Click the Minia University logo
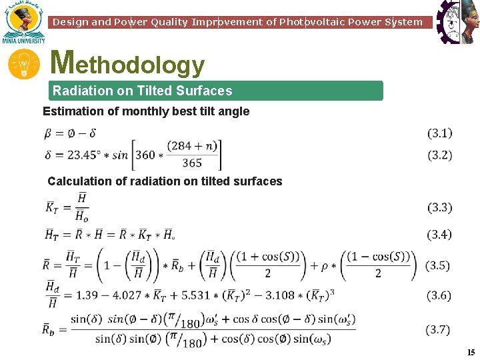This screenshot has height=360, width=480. (x=24, y=22)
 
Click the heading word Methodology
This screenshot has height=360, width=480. (x=127, y=64)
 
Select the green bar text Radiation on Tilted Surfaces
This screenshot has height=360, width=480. (x=142, y=91)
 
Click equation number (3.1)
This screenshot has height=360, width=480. (x=439, y=133)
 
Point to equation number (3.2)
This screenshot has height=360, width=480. (x=439, y=155)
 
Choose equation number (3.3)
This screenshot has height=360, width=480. (x=439, y=208)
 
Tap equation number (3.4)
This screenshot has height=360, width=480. (x=439, y=234)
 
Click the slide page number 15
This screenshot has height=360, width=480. (x=471, y=352)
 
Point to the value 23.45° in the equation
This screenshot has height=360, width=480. (x=85, y=155)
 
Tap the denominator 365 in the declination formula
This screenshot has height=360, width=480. (x=191, y=163)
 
